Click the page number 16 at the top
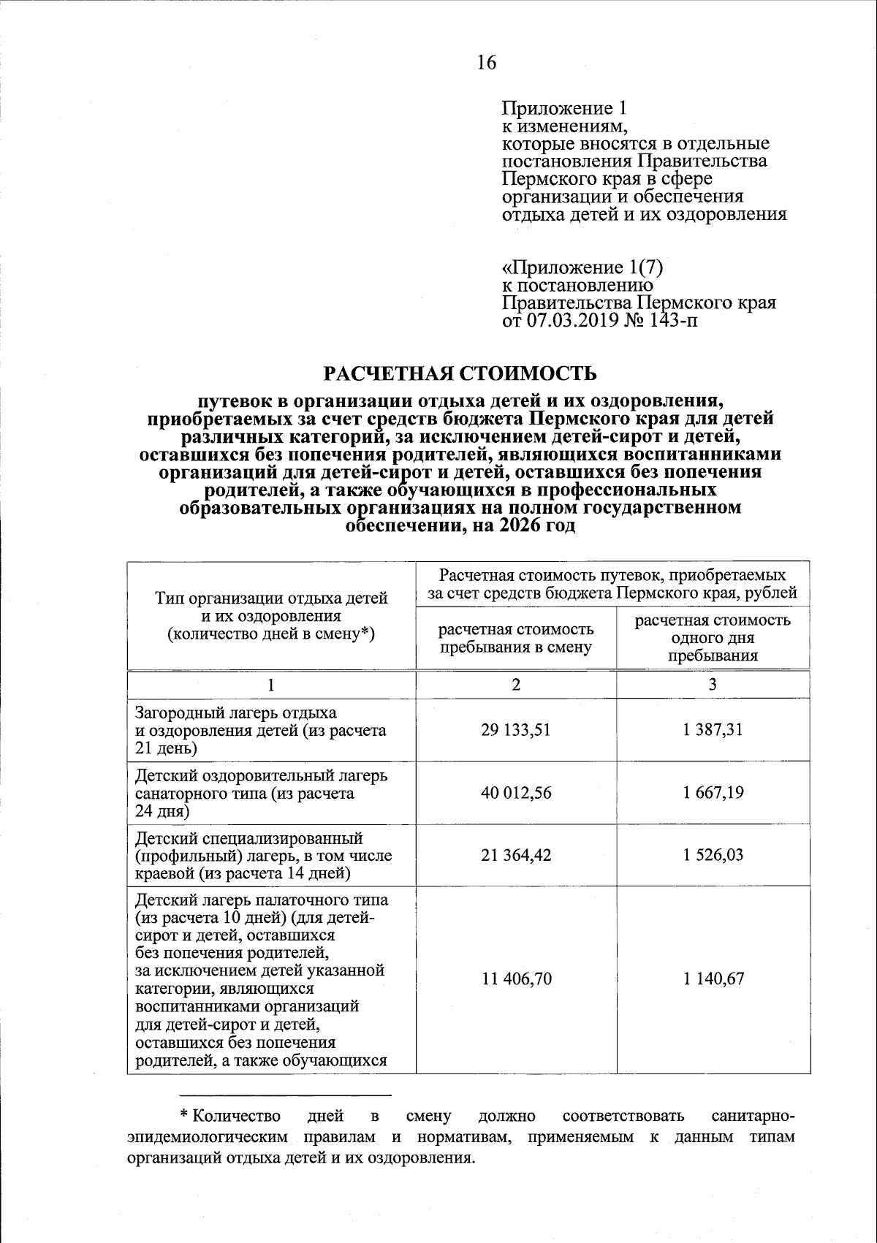[486, 63]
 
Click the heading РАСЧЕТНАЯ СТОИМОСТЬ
[460, 373]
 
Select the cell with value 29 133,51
[515, 729]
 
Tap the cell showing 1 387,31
[713, 729]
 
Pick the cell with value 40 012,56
[515, 792]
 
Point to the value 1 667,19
[713, 792]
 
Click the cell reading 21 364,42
[515, 854]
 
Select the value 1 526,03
[713, 854]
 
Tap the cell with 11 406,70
[515, 978]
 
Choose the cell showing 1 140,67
[713, 978]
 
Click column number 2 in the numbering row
[516, 684]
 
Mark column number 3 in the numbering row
[713, 684]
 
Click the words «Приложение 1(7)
[582, 267]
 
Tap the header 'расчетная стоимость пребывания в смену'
[515, 638]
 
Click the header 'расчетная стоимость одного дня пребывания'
[713, 638]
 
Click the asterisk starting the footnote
[185, 1117]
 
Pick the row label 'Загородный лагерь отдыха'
[235, 712]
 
